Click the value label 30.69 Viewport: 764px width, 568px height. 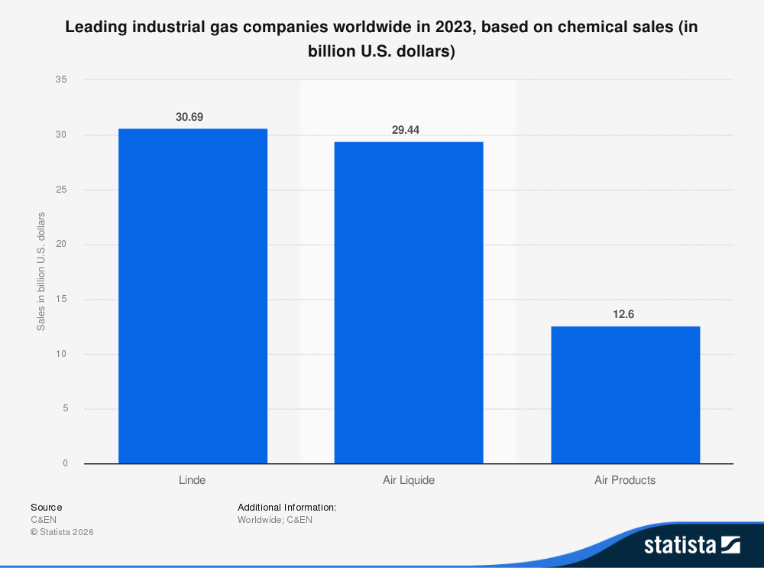coord(189,117)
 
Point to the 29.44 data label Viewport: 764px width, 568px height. coord(406,130)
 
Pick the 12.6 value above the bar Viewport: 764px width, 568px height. coord(624,314)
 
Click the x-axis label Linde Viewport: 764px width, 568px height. coord(192,481)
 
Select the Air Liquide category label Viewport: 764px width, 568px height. coord(409,481)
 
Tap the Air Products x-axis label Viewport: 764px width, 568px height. coord(625,481)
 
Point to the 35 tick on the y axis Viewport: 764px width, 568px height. coord(62,80)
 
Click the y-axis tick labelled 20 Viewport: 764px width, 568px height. coord(62,245)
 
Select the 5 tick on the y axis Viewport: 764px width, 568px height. coord(65,409)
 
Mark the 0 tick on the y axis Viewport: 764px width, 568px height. coord(65,463)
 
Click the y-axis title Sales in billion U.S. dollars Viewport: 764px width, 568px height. coord(42,271)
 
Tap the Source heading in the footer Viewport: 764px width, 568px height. coord(47,507)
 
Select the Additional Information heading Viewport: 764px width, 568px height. coord(286,507)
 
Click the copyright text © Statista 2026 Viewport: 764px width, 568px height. coord(62,532)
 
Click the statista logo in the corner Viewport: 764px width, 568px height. coord(691,545)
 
